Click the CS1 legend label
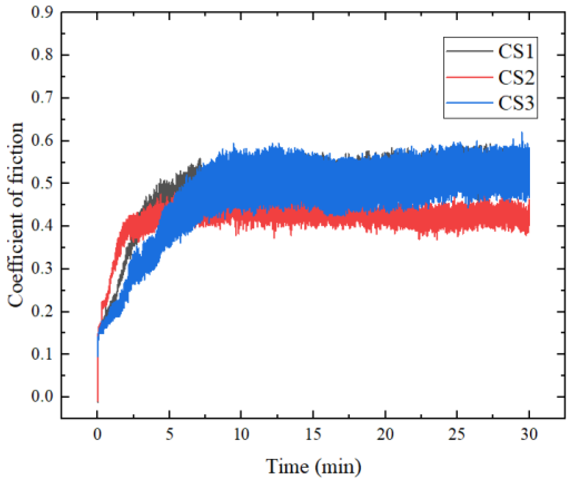[x=516, y=51]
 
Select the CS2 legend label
[x=516, y=77]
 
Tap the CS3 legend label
[x=516, y=103]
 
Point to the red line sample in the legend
[x=470, y=77]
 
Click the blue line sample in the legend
[x=470, y=103]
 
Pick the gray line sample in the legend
[x=470, y=51]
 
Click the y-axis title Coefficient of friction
[x=16, y=215]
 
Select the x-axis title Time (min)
[x=313, y=466]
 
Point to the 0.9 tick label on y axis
[x=42, y=12]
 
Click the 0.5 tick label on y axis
[x=42, y=183]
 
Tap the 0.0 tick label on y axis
[x=42, y=397]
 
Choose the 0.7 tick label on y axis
[x=42, y=98]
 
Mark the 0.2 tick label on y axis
[x=42, y=311]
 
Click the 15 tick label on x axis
[x=313, y=434]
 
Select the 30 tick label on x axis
[x=529, y=434]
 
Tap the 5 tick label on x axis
[x=169, y=434]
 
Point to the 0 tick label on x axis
[x=97, y=434]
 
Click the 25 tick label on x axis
[x=457, y=434]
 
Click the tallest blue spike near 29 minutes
[x=522, y=133]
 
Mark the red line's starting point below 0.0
[x=97, y=401]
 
